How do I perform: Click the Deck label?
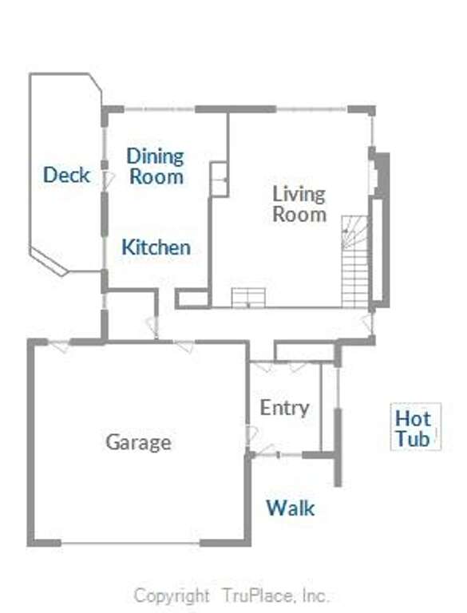(66, 175)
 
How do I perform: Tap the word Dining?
(156, 156)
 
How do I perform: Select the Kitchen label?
(156, 247)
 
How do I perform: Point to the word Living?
(299, 195)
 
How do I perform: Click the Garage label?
(138, 443)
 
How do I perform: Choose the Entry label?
(285, 409)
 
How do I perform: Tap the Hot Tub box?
(416, 426)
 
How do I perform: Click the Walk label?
(291, 508)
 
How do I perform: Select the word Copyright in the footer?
(172, 596)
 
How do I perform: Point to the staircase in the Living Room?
(354, 261)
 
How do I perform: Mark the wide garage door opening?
(130, 543)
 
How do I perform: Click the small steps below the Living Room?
(248, 298)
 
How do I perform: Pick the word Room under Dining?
(156, 176)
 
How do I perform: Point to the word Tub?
(412, 438)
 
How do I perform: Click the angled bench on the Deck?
(49, 260)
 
